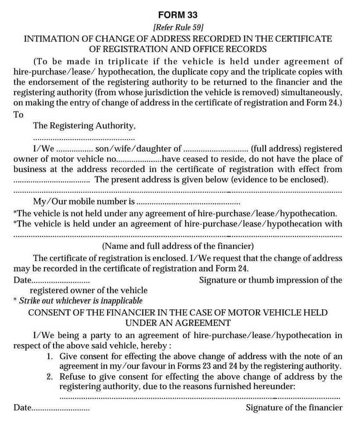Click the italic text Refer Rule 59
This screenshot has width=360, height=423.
pos(178,27)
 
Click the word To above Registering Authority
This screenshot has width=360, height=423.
pos(18,115)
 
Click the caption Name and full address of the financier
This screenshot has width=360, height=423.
pos(178,246)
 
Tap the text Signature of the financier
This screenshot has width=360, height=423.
pos(294,408)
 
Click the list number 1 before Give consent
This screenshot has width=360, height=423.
pos(50,356)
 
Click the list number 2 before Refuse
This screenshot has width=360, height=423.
pos(50,377)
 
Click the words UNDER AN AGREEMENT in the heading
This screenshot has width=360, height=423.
pos(178,323)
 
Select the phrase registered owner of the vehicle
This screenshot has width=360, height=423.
pos(88,290)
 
